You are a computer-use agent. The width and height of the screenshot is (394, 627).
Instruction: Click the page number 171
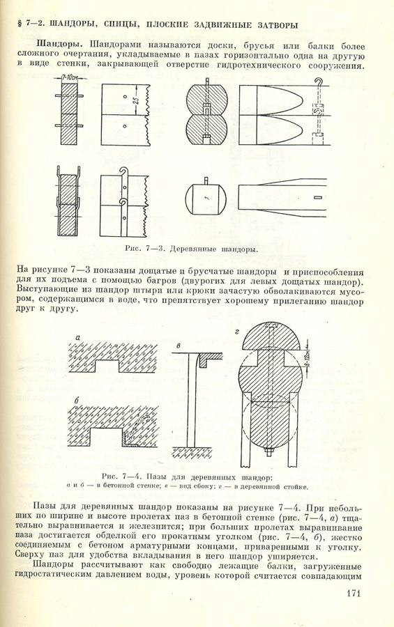tap(351, 592)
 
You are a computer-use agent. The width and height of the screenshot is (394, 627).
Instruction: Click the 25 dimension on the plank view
tap(136, 100)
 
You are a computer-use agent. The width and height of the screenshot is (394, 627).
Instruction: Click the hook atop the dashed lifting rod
tap(319, 82)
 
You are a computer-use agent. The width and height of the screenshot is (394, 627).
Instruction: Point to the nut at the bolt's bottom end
tap(269, 452)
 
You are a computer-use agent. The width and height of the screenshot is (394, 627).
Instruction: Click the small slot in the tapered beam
tap(317, 197)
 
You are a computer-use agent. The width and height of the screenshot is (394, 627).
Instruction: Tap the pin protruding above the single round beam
tap(206, 180)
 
